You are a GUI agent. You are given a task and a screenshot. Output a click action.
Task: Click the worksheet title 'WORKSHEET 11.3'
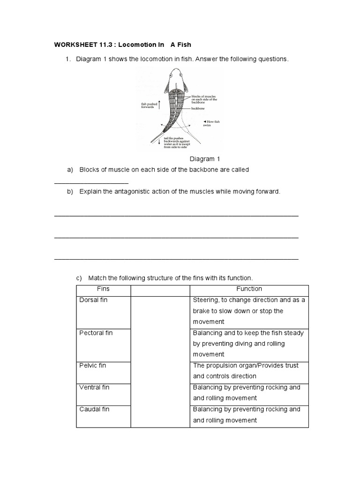pos(76,45)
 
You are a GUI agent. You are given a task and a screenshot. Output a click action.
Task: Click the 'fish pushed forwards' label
pos(148,106)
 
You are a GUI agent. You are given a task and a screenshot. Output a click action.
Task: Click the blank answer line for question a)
pos(91,183)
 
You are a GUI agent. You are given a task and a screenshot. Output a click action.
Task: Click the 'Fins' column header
pos(103,289)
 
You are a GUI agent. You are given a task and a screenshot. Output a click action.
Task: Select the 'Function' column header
pos(249,289)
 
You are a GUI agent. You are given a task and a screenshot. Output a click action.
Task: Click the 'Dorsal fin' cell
pos(94,300)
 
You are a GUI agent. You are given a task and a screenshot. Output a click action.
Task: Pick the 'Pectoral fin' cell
pos(96,333)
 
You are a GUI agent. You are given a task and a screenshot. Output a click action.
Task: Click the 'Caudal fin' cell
pos(94,409)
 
